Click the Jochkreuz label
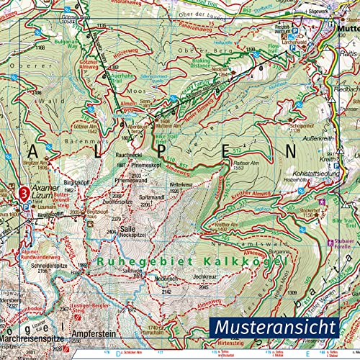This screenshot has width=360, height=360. (x=204, y=275)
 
